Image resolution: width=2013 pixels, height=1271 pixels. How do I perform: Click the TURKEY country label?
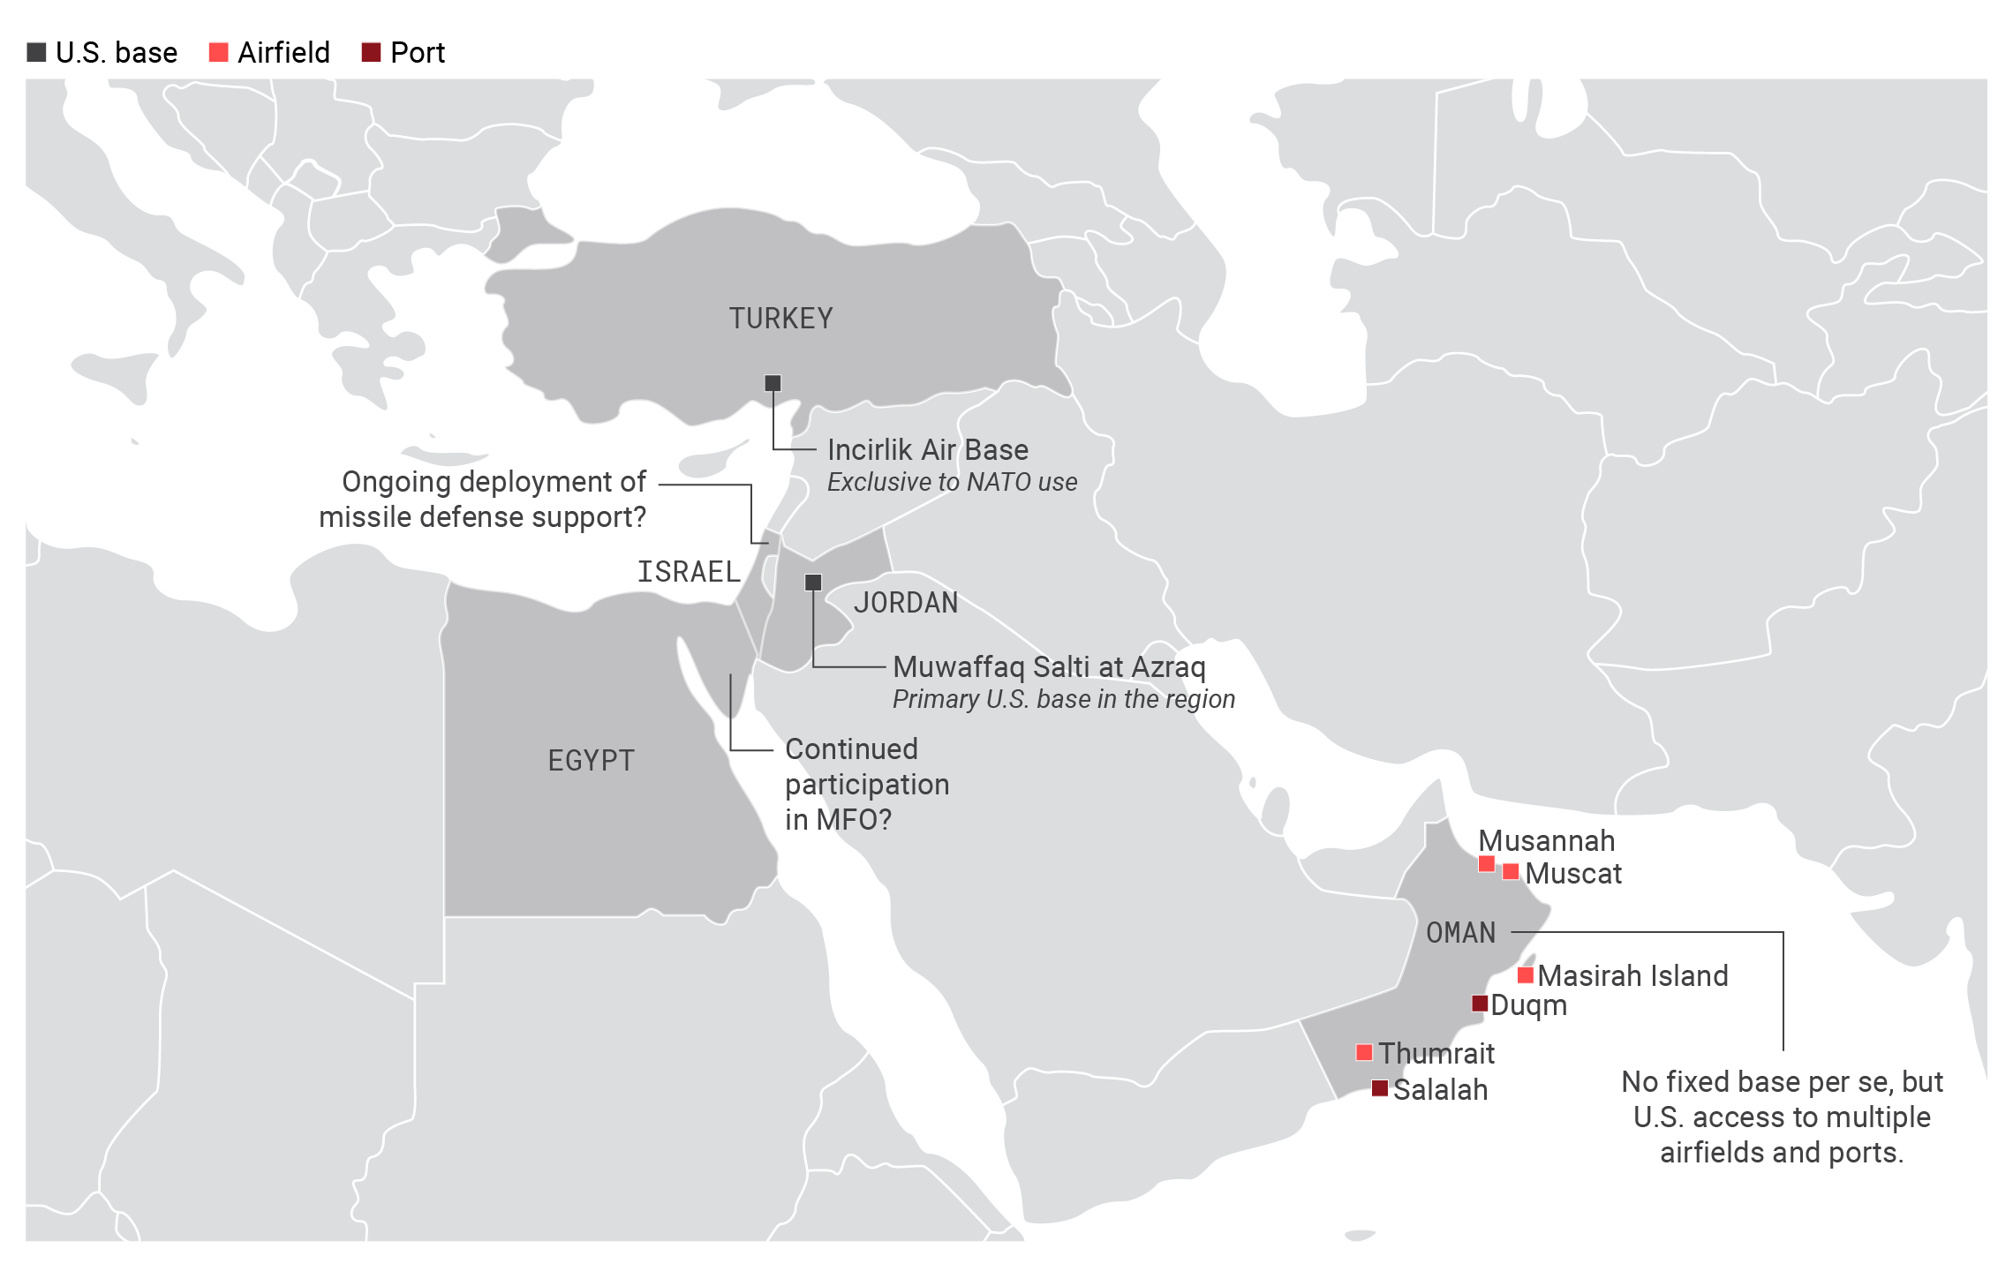(x=780, y=318)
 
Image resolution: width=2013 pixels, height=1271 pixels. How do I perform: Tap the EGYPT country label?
(x=591, y=761)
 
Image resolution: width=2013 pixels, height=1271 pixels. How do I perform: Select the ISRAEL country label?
(x=689, y=572)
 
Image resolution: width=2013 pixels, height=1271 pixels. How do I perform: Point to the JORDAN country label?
(x=905, y=603)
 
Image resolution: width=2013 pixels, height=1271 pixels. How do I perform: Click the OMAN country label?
(x=1461, y=933)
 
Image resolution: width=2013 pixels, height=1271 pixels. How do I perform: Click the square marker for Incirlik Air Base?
(x=773, y=383)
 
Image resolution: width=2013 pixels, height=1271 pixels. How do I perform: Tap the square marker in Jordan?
(x=813, y=583)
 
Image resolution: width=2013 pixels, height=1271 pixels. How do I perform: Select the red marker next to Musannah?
(x=1487, y=863)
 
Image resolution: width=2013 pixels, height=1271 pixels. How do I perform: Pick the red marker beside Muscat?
(x=1511, y=872)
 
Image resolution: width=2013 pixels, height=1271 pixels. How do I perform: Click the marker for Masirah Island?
(x=1526, y=975)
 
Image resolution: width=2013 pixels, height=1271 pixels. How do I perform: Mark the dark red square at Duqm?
(x=1481, y=1004)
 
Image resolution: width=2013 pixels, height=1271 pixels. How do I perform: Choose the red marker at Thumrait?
(x=1364, y=1052)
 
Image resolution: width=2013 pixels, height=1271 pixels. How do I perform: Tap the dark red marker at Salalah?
(x=1380, y=1088)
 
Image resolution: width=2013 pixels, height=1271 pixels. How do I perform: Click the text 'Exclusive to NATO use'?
(x=952, y=483)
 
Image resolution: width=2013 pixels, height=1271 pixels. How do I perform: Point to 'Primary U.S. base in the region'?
(x=1063, y=700)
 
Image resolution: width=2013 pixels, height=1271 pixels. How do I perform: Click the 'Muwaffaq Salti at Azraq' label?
(x=1049, y=666)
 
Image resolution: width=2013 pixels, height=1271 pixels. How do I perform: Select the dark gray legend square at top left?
(x=36, y=53)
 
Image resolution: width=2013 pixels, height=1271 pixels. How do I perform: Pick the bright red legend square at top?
(x=218, y=53)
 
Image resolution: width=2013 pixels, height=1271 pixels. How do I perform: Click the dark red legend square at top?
(x=371, y=53)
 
